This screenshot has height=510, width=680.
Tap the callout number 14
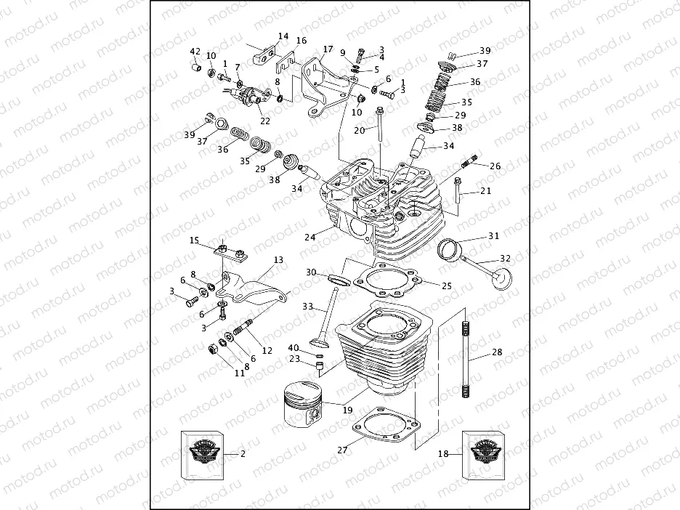pyautogui.click(x=283, y=36)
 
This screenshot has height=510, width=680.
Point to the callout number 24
pyautogui.click(x=310, y=237)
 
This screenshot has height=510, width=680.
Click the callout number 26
pyautogui.click(x=495, y=166)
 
